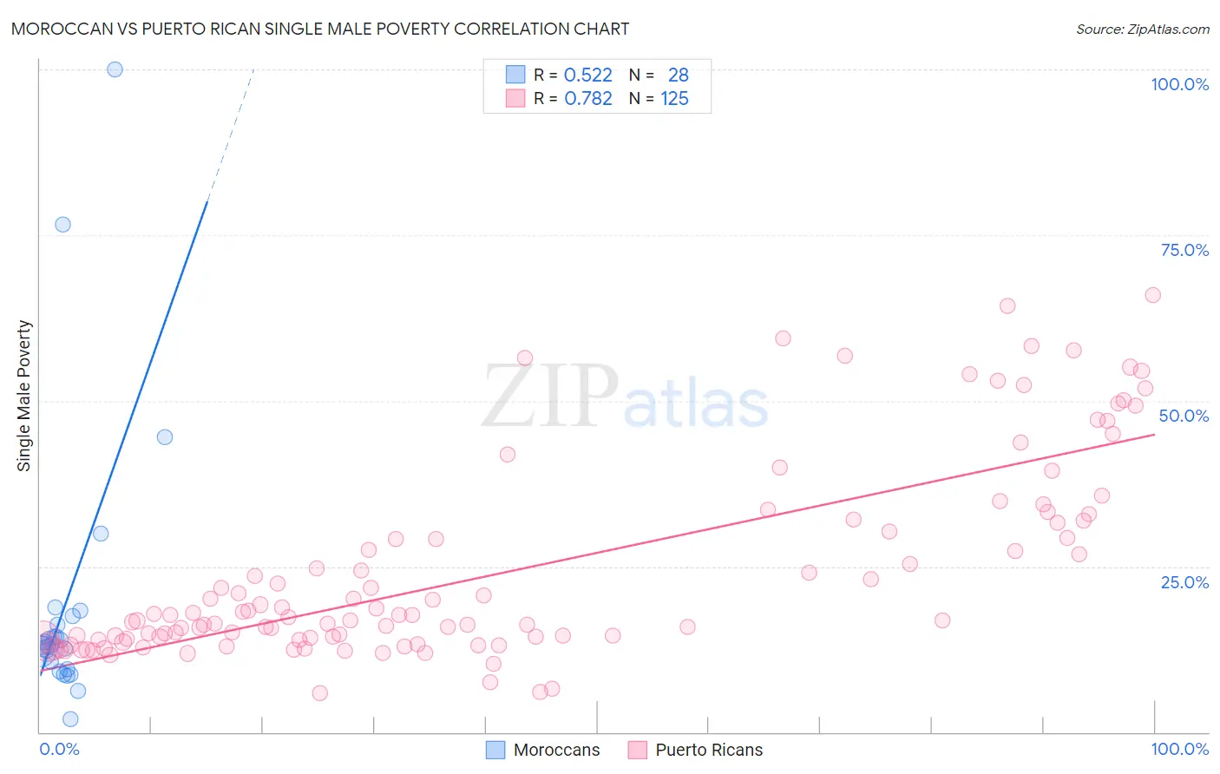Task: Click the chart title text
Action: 320,29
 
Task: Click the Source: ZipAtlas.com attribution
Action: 1142,29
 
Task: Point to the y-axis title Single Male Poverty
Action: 24,396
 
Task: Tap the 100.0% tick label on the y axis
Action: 1179,84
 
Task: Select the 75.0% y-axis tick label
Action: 1184,250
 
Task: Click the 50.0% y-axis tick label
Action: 1184,416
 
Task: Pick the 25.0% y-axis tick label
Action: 1184,581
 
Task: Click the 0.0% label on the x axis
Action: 59,749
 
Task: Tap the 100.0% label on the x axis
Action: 1179,749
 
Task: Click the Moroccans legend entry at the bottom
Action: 543,750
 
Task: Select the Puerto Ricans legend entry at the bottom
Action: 696,750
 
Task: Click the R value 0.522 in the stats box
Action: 587,75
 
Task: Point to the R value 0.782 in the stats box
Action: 587,99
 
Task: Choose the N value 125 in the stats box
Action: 674,99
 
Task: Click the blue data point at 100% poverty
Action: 115,69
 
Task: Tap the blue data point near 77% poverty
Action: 62,225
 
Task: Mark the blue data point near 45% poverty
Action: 165,437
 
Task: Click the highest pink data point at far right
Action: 1152,295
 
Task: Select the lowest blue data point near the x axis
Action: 70,719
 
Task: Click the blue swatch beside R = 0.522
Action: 515,75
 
